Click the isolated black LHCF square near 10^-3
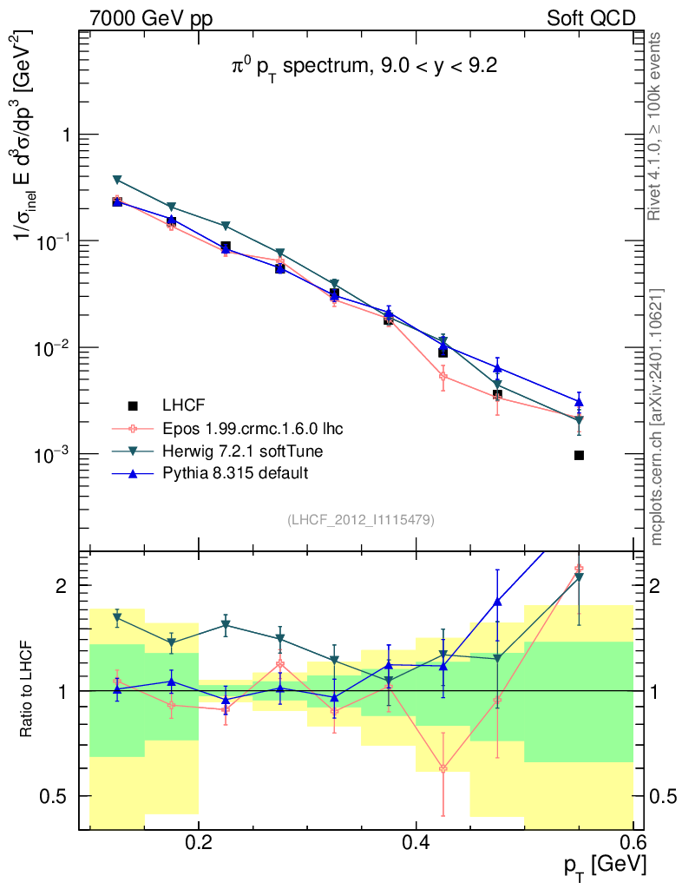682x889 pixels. [579, 455]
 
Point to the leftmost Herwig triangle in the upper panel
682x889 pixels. [117, 180]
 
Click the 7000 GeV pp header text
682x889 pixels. [151, 19]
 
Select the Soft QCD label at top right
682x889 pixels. [591, 19]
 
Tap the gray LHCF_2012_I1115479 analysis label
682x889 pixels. [361, 520]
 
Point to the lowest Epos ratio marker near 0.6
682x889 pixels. [443, 768]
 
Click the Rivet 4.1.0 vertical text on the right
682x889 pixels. [657, 126]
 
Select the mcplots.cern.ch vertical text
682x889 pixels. [657, 417]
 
